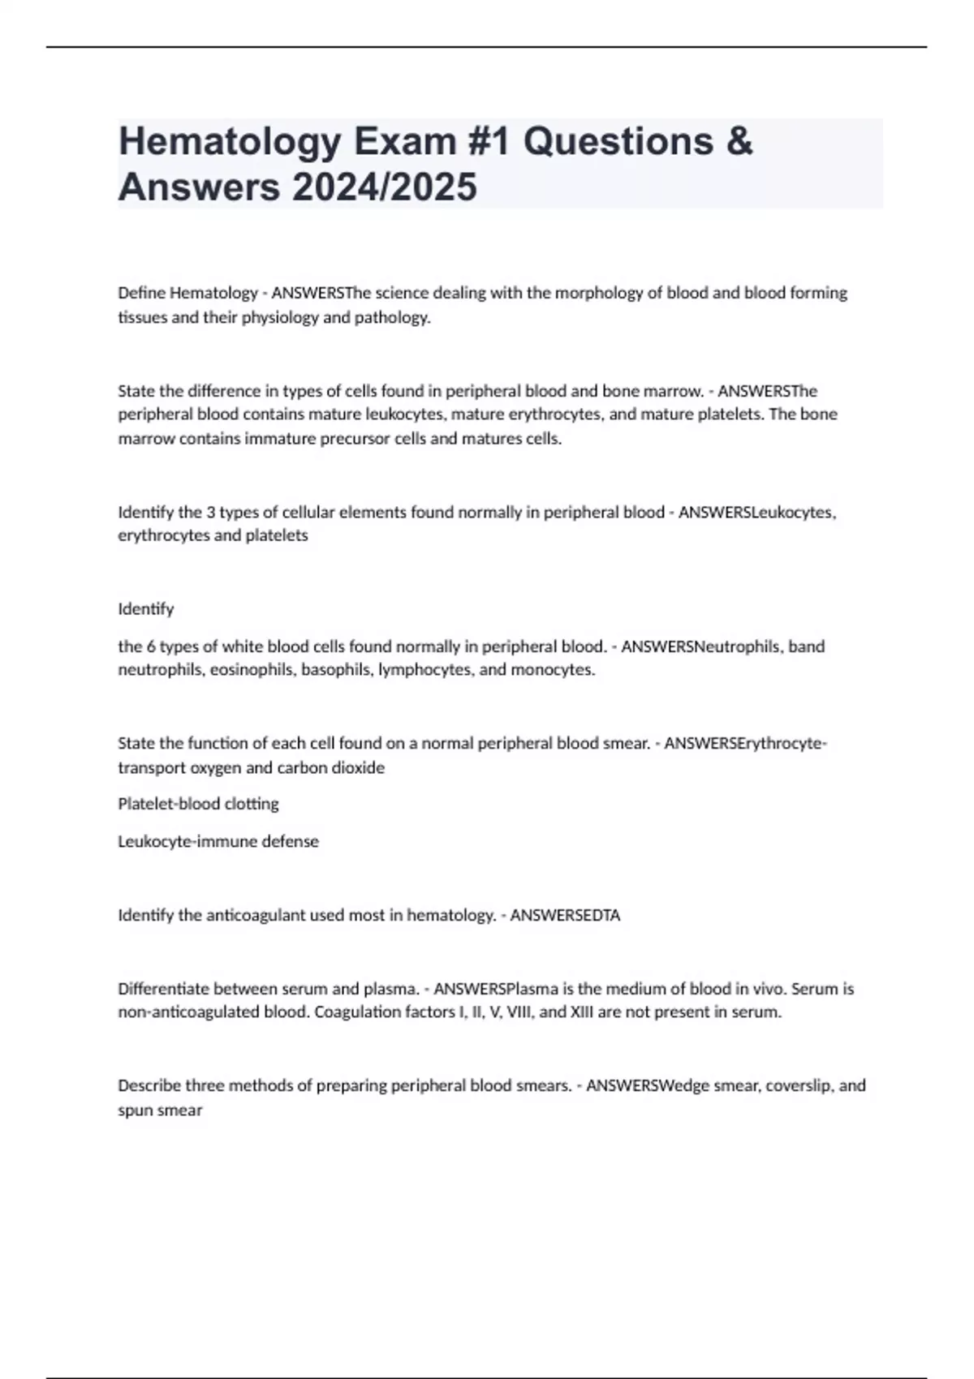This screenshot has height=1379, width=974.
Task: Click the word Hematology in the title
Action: click(x=228, y=143)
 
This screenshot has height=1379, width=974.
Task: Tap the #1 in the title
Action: click(x=489, y=141)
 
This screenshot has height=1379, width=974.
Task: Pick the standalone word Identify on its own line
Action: click(x=146, y=608)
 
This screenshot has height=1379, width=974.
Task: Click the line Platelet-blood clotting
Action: click(x=198, y=804)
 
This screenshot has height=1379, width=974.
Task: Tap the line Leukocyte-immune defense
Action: click(x=218, y=841)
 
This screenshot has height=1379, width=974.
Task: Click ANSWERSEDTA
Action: click(x=565, y=915)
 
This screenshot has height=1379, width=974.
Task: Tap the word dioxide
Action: click(x=358, y=767)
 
